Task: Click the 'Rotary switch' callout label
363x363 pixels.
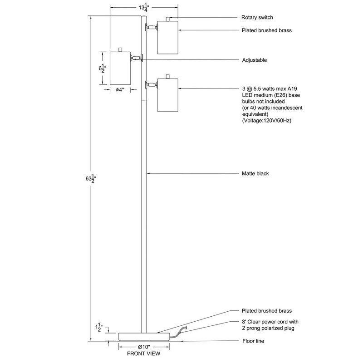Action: click(257, 18)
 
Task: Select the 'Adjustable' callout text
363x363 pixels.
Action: click(255, 60)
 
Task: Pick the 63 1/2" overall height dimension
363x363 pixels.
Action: click(91, 178)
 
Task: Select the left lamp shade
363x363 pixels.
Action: click(120, 68)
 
